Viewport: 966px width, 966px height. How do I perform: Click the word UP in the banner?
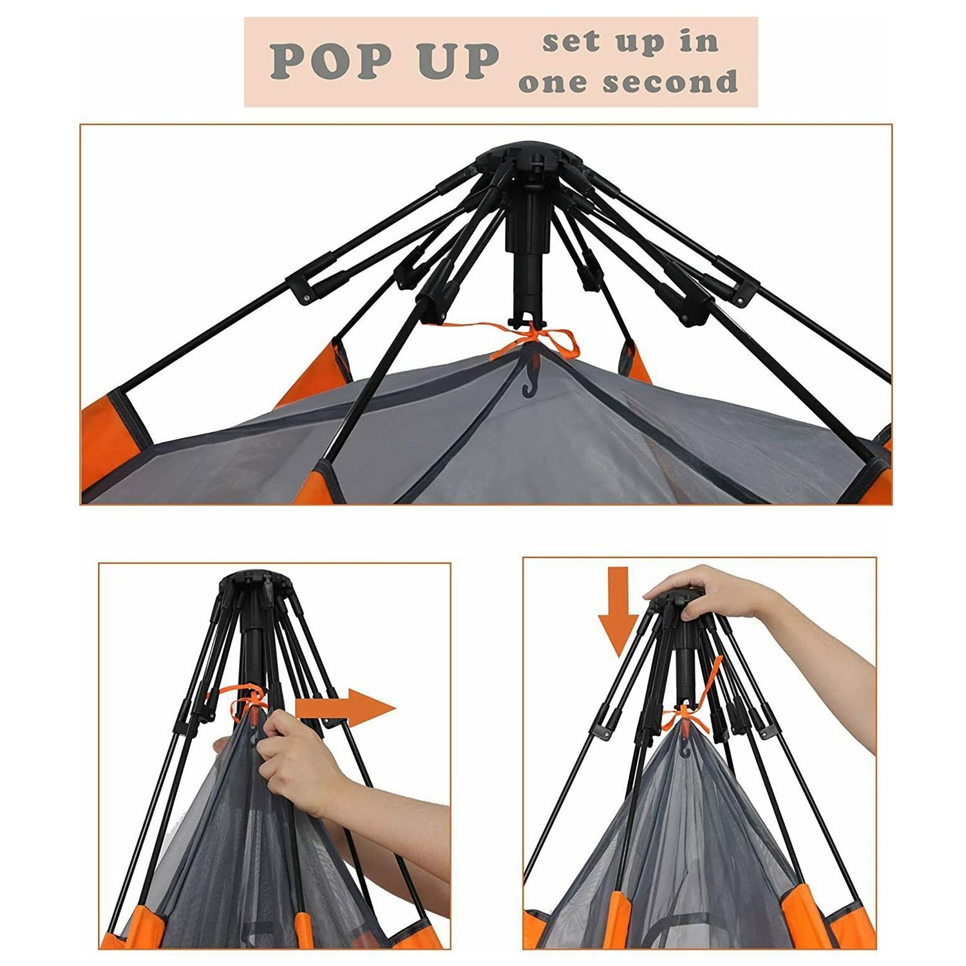(x=459, y=62)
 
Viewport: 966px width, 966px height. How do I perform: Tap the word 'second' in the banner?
(x=671, y=82)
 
